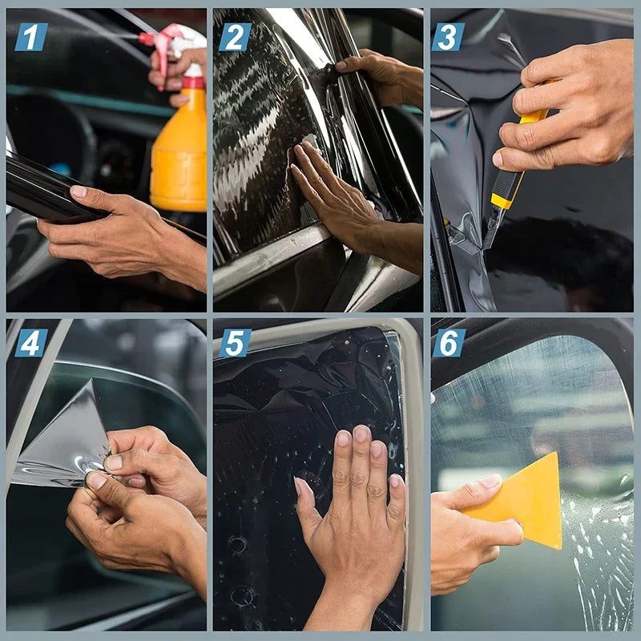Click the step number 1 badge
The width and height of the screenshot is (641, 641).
coord(30,37)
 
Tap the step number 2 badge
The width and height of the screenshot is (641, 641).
coord(236,37)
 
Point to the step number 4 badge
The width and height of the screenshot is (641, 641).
coord(30,343)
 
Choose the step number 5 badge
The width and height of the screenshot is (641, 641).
coord(235,343)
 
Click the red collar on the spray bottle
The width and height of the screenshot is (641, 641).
coord(193,82)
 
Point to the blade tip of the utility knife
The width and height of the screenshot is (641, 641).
coord(486,244)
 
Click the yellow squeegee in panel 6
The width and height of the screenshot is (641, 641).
coord(525,501)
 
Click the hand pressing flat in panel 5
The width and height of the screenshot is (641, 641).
coord(353,513)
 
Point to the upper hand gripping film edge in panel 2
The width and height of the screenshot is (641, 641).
coord(381,76)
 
